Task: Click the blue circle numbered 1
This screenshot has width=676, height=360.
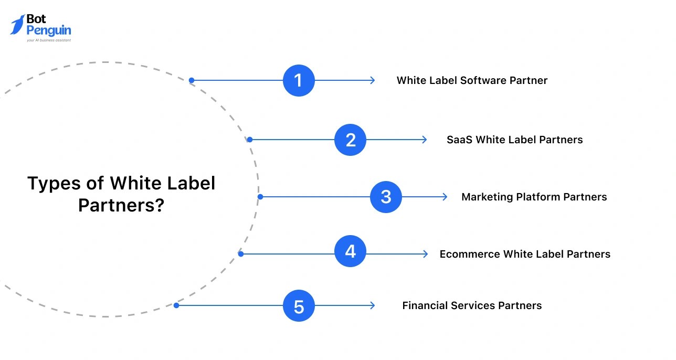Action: click(299, 80)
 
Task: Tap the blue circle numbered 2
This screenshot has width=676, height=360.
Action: click(351, 140)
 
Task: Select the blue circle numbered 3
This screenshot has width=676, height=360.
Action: click(386, 197)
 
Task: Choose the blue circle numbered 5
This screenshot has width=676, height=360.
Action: click(299, 305)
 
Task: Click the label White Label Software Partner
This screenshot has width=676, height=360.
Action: click(472, 80)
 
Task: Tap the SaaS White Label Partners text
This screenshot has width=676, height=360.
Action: click(514, 140)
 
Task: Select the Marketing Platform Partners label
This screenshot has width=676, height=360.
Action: click(534, 197)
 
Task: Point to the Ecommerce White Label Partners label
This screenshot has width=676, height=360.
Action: click(525, 254)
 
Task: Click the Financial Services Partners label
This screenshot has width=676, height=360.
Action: click(472, 305)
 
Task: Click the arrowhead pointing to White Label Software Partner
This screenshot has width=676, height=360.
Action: click(372, 80)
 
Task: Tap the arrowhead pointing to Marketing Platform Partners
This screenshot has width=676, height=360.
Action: click(445, 197)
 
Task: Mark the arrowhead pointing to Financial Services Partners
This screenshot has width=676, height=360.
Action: click(372, 305)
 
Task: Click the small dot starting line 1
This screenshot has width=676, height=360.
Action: click(192, 80)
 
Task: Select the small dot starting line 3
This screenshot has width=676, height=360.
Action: click(260, 197)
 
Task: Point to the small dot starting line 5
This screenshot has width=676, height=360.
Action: click(176, 305)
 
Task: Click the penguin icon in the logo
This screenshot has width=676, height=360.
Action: click(17, 25)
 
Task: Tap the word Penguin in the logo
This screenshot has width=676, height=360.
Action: click(48, 30)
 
